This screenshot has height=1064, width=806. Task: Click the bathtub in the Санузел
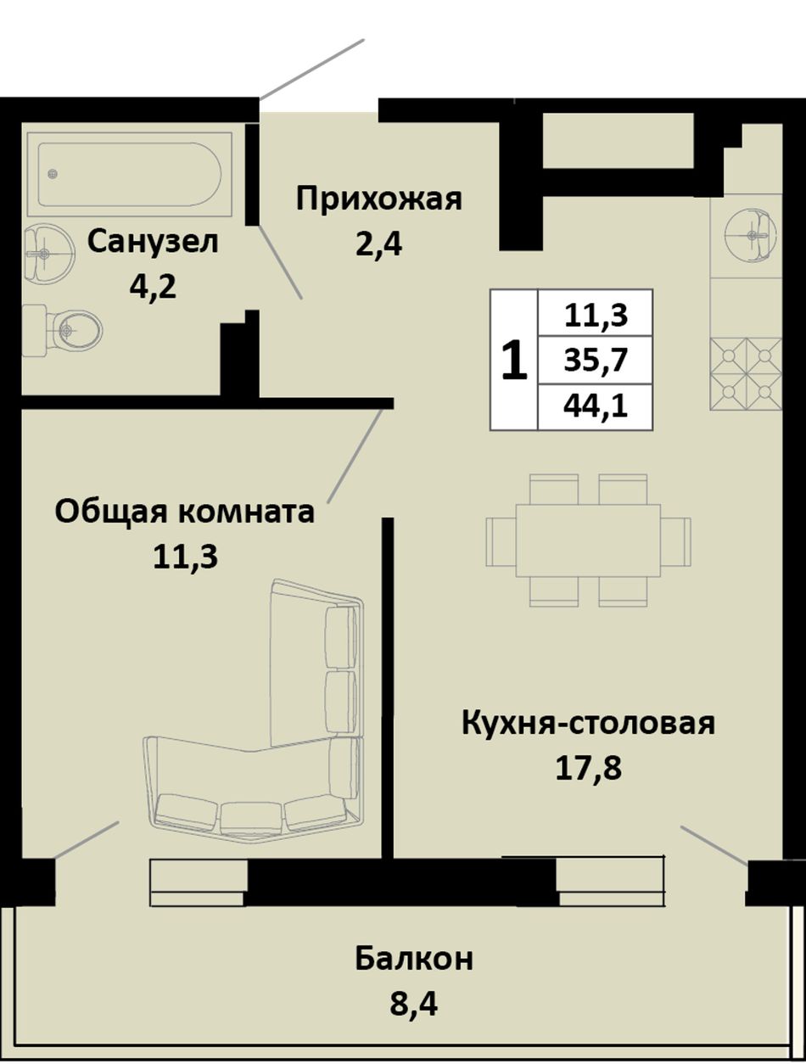pyautogui.click(x=130, y=174)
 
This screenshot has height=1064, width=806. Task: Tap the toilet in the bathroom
pyautogui.click(x=63, y=330)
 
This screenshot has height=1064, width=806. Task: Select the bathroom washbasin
pyautogui.click(x=48, y=253)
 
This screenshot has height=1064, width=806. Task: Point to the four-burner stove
pyautogui.click(x=746, y=375)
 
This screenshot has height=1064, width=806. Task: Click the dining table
pyautogui.click(x=588, y=540)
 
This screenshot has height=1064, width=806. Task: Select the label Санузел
pyautogui.click(x=153, y=242)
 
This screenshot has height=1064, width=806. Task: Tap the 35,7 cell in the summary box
pyautogui.click(x=596, y=360)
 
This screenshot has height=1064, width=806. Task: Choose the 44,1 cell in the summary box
pyautogui.click(x=596, y=406)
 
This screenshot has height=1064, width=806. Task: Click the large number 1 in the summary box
pyautogui.click(x=514, y=360)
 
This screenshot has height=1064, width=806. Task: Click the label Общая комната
pyautogui.click(x=185, y=512)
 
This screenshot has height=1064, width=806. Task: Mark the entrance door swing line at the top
pyautogui.click(x=311, y=69)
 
